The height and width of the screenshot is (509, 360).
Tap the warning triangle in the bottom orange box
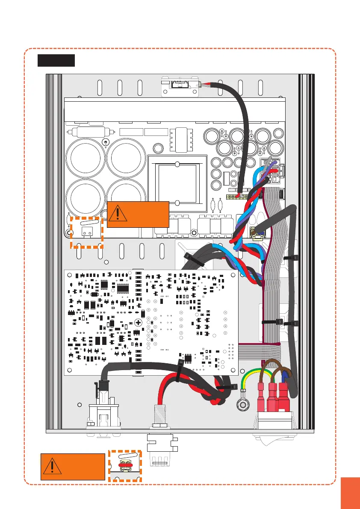pyautogui.click(x=51, y=467)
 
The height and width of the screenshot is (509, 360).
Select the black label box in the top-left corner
pyautogui.click(x=56, y=61)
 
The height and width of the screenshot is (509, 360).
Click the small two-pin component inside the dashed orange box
pyautogui.click(x=87, y=232)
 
